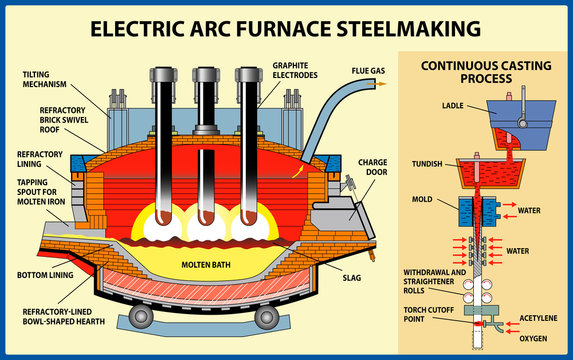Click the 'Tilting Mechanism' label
45,79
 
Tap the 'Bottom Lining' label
45,274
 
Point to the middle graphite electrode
204,140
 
